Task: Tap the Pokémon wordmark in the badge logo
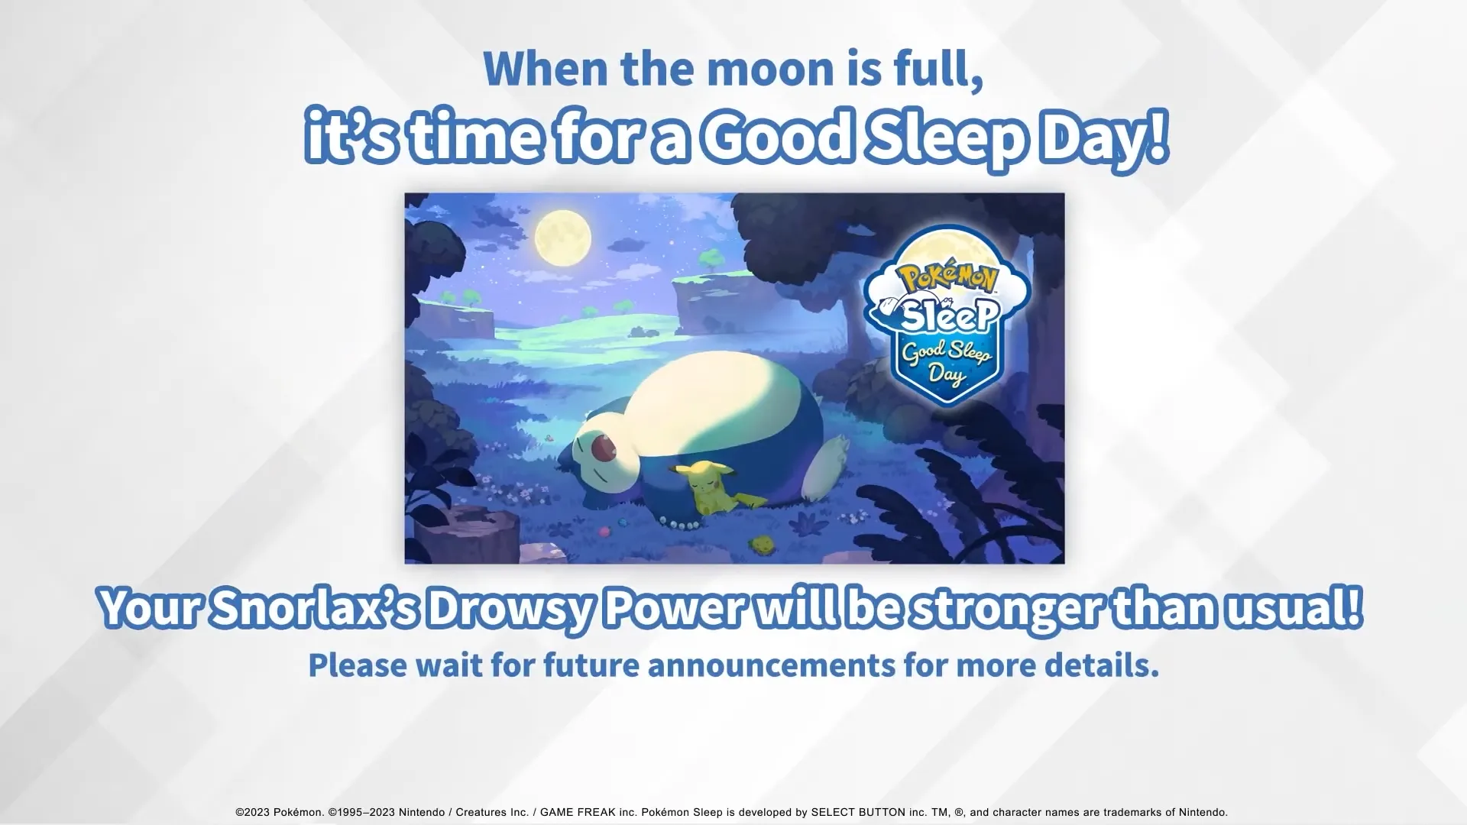pyautogui.click(x=947, y=279)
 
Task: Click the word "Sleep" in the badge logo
pyautogui.click(x=949, y=314)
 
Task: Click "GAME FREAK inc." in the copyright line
pyautogui.click(x=588, y=812)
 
